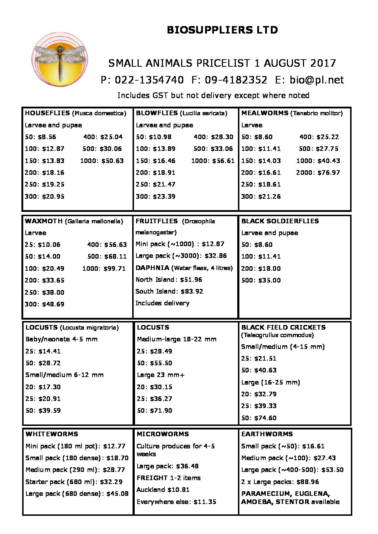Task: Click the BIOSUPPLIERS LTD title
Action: pos(222,30)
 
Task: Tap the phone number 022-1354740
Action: pos(149,80)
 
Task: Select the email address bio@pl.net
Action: pos(317,80)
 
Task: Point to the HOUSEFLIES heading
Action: pos(48,113)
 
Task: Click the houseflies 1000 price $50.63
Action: pos(113,161)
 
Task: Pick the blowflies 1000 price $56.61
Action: pos(223,161)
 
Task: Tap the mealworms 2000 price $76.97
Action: pos(329,173)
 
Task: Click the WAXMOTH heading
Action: pos(44,221)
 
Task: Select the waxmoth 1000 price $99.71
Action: pos(115,269)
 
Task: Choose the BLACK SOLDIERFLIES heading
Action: pos(280,221)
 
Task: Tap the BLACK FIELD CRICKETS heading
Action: pos(283,327)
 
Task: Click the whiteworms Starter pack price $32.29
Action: pos(111,482)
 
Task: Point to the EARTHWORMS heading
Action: pos(267,434)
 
